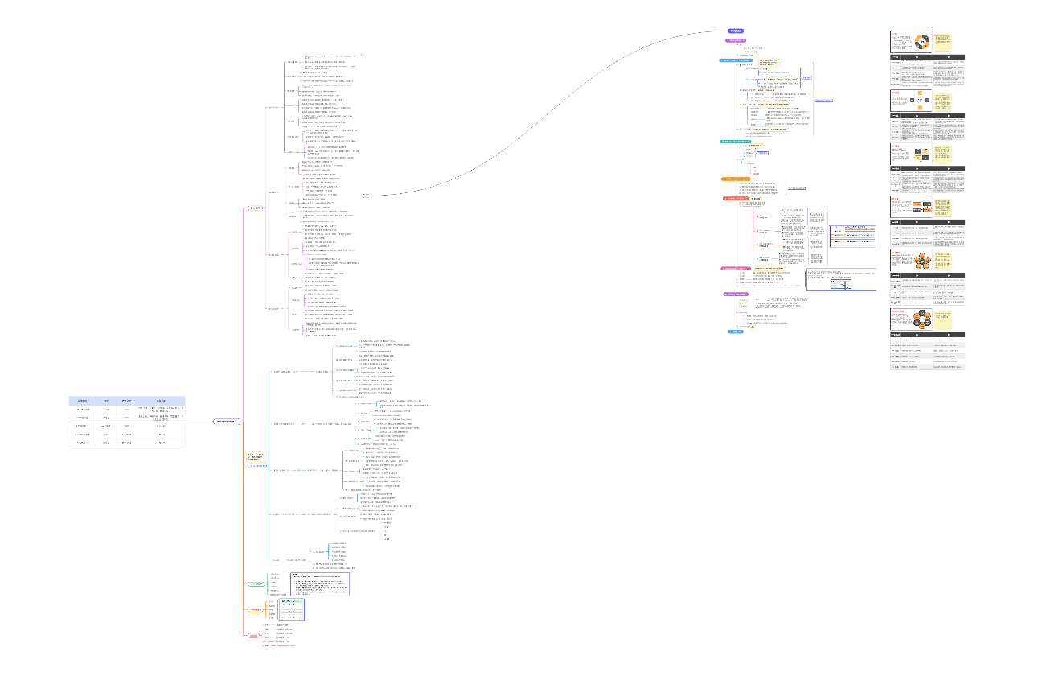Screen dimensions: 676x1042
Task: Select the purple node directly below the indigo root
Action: [736, 39]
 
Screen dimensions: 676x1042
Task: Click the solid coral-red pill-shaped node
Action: [738, 198]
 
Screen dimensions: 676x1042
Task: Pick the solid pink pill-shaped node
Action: [737, 268]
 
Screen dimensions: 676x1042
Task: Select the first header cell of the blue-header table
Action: [82, 400]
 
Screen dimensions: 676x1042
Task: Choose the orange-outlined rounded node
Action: [256, 609]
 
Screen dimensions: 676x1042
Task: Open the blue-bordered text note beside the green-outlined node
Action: [319, 583]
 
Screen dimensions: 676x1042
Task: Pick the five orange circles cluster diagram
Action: [920, 262]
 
